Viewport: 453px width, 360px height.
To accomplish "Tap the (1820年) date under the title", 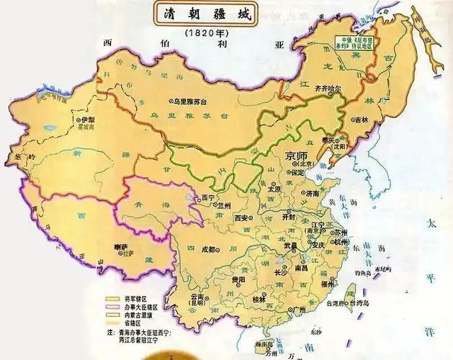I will click(x=205, y=33).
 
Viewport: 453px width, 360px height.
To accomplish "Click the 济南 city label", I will click(x=312, y=193).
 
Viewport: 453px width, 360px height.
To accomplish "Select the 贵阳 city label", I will click(x=238, y=279).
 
